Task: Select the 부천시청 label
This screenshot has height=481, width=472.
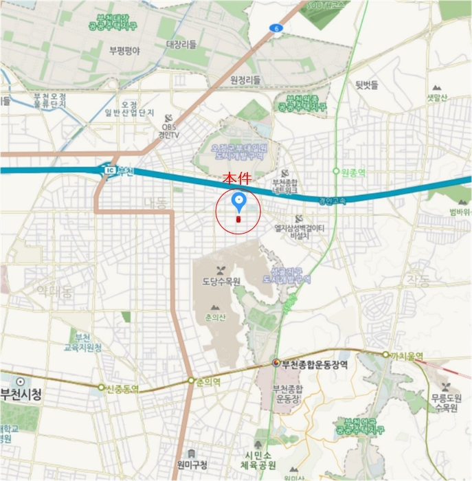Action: point(21,394)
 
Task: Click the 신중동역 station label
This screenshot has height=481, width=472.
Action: point(122,389)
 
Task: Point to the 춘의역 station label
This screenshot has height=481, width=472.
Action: point(207,381)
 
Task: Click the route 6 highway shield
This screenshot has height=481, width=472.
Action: point(276,28)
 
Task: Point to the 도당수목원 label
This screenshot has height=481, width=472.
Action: point(221,282)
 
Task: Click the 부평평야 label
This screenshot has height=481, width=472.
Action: point(124,50)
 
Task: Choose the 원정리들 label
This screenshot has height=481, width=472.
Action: point(246,81)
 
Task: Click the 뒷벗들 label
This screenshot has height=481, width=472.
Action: point(367,85)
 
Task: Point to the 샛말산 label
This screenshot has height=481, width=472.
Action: point(437,98)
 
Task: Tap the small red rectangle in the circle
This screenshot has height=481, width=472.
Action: point(238,219)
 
